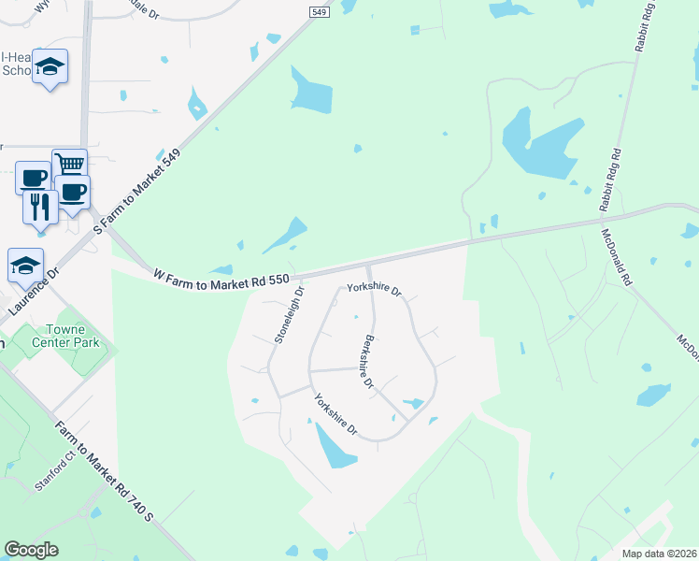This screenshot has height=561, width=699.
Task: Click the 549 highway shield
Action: click(x=318, y=7)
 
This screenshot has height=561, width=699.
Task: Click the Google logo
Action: click(x=31, y=550)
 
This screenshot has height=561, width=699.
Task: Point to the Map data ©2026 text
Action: click(x=659, y=554)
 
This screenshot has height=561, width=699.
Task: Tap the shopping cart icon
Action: click(x=69, y=165)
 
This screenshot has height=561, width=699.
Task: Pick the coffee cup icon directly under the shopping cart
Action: click(x=72, y=193)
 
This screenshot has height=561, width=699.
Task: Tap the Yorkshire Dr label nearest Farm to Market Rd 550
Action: click(x=374, y=290)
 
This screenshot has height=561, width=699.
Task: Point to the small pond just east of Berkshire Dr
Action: click(x=411, y=404)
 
